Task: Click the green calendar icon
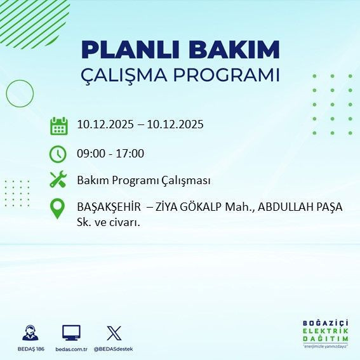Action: (x=58, y=125)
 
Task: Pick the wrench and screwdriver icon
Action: (x=58, y=180)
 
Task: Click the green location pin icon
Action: (x=58, y=209)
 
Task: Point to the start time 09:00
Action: (x=91, y=153)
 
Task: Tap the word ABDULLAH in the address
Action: (x=283, y=208)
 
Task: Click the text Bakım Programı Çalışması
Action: (x=143, y=180)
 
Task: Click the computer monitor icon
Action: (x=71, y=332)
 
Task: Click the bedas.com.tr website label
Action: (x=71, y=349)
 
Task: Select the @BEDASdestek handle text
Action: (x=114, y=349)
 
